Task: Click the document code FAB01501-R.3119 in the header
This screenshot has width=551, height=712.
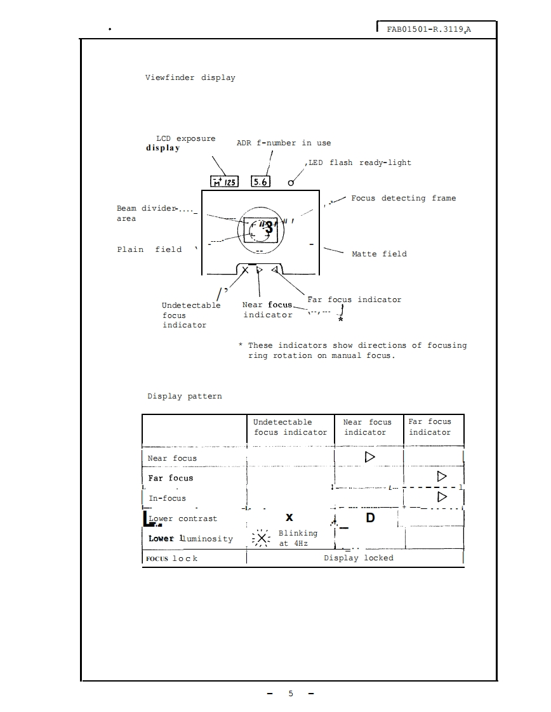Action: click(x=429, y=29)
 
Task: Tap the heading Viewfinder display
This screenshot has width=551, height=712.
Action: click(x=190, y=78)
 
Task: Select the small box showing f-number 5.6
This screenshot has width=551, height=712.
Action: click(x=261, y=182)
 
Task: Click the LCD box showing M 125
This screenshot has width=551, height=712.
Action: click(x=224, y=182)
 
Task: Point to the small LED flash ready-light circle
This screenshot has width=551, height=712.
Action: click(x=291, y=183)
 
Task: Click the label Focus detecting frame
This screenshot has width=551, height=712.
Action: click(x=403, y=199)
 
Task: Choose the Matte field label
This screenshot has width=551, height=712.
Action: click(x=379, y=254)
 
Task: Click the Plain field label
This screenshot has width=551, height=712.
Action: click(x=149, y=249)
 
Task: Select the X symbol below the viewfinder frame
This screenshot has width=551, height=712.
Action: click(x=246, y=270)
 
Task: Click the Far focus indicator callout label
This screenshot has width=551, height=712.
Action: click(x=354, y=300)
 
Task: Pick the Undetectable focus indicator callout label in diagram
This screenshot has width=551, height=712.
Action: click(x=190, y=315)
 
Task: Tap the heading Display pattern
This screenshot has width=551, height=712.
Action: click(x=185, y=396)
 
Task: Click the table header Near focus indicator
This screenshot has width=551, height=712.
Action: click(x=367, y=427)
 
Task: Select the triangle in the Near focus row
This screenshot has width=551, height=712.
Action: click(x=369, y=457)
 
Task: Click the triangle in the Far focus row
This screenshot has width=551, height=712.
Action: click(x=442, y=476)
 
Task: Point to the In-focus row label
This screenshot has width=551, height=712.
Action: click(x=166, y=498)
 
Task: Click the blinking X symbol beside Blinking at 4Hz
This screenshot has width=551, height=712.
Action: click(x=262, y=539)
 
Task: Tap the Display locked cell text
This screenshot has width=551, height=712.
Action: click(x=359, y=558)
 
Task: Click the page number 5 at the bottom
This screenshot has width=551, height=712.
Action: click(x=291, y=694)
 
